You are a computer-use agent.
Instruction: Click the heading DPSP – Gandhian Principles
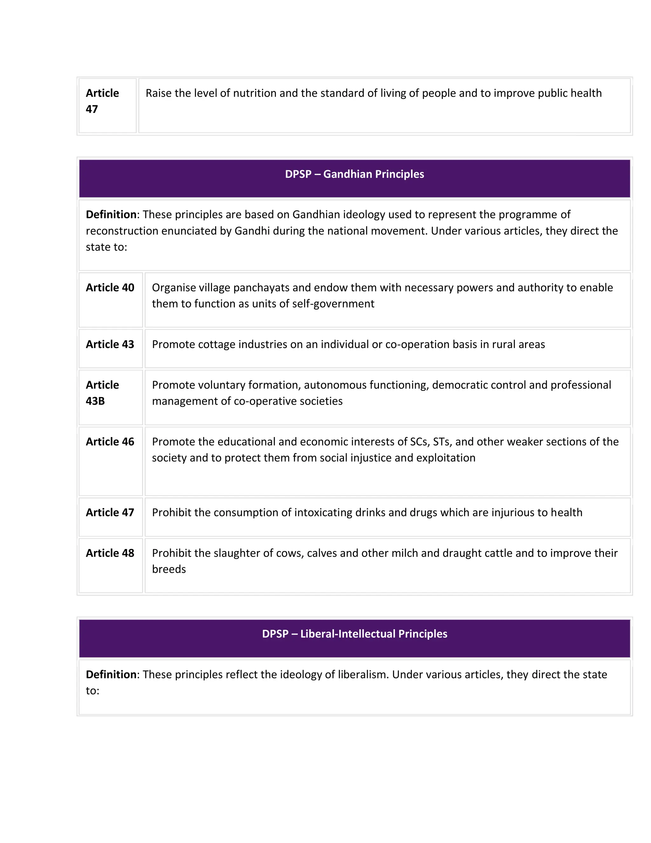click(354, 174)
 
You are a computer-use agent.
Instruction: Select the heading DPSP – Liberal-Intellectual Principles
click(354, 634)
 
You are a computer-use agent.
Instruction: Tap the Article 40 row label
click(110, 288)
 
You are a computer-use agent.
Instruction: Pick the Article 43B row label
click(102, 393)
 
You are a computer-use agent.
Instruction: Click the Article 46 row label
click(110, 442)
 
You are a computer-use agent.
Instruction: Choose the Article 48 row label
click(110, 553)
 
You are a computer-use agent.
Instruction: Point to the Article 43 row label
click(110, 344)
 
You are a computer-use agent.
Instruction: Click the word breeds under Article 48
click(169, 569)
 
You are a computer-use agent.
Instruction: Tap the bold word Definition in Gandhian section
click(111, 215)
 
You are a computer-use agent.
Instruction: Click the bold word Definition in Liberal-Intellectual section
click(111, 674)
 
